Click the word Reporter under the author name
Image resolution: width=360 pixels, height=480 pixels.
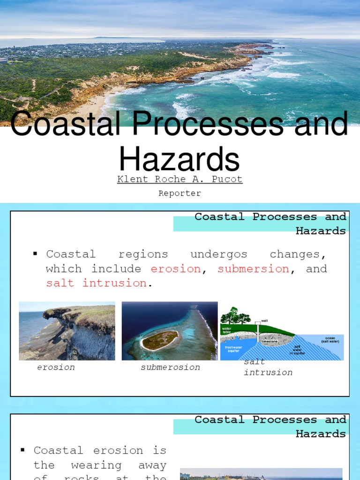tap(180, 193)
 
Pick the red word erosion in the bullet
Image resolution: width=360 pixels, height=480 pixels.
tap(176, 269)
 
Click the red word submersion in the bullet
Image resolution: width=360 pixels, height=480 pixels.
tap(253, 269)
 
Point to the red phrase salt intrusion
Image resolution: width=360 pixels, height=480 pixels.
tap(96, 283)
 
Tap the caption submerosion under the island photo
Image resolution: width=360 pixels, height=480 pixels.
tap(170, 367)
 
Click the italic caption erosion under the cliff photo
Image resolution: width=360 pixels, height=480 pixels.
tap(56, 367)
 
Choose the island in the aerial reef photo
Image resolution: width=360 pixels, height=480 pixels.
tap(160, 340)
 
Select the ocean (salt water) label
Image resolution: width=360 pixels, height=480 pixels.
tap(331, 339)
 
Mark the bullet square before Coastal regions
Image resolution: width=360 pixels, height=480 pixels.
tap(35, 254)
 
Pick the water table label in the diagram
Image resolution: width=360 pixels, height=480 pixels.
tap(227, 331)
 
